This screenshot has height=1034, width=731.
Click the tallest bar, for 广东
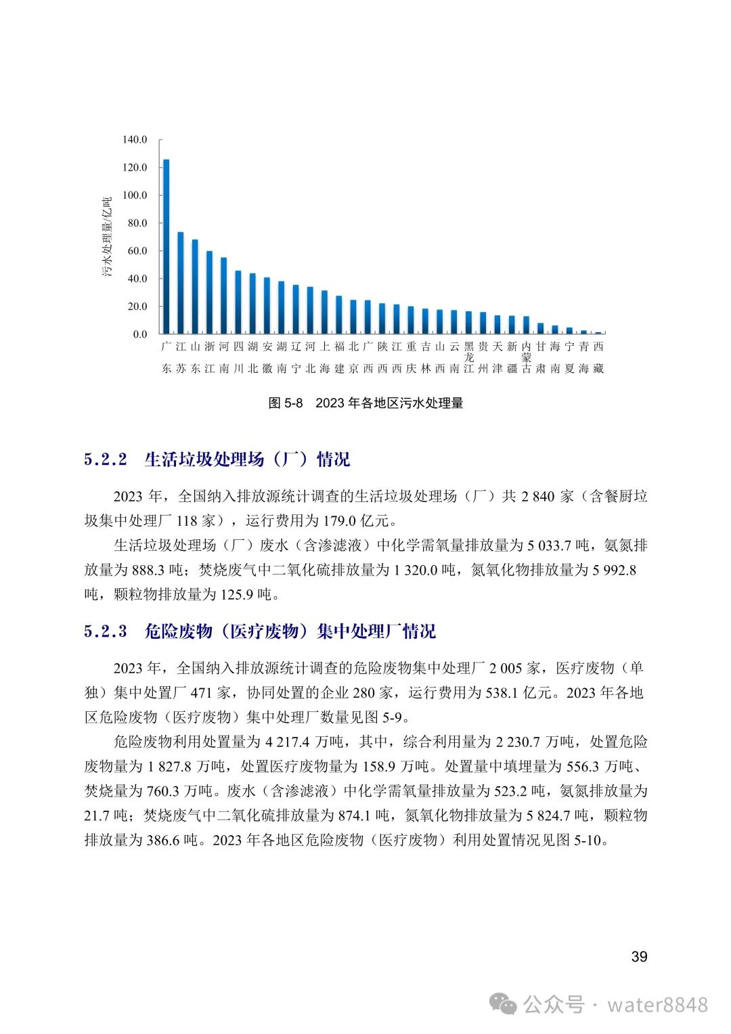click(167, 247)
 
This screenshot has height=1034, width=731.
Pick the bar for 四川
click(238, 302)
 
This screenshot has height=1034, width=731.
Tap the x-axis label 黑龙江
click(468, 357)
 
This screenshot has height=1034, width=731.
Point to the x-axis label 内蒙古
click(526, 357)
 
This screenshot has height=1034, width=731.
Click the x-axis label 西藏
click(598, 357)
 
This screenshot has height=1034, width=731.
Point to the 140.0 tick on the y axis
click(134, 140)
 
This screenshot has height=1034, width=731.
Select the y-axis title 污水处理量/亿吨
click(107, 237)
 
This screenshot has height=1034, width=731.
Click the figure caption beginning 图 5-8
click(365, 403)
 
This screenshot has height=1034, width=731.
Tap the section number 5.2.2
click(106, 459)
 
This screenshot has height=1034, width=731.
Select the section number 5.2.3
click(106, 631)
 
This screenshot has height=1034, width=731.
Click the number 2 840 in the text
click(537, 497)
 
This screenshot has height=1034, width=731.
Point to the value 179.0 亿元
click(363, 521)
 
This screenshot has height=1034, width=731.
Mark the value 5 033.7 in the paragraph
click(549, 545)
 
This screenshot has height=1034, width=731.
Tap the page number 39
click(639, 957)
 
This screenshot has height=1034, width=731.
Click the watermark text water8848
click(657, 1005)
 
